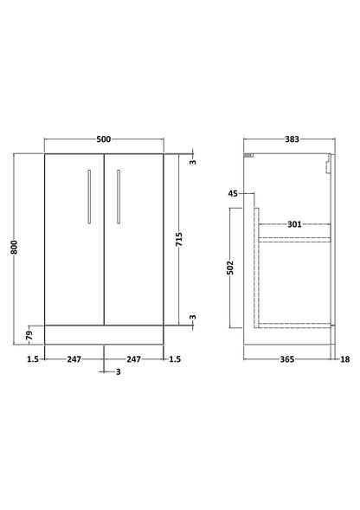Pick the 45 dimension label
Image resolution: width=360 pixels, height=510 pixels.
coord(233,195)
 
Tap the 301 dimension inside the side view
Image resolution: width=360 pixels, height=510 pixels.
coord(294,225)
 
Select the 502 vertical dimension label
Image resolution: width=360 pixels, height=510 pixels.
coord(232,268)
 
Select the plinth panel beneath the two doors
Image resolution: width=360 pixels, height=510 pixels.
coord(103,332)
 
